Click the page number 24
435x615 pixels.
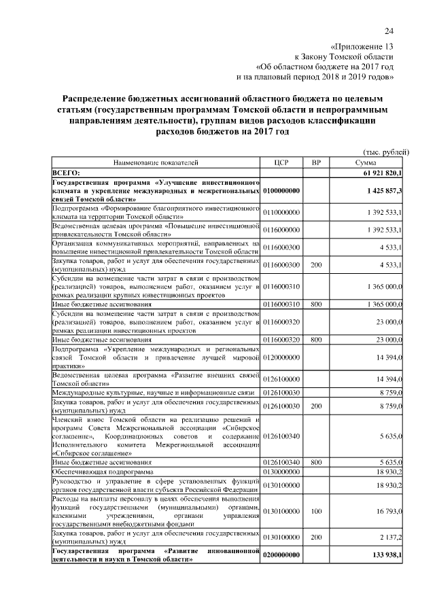point(389,31)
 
